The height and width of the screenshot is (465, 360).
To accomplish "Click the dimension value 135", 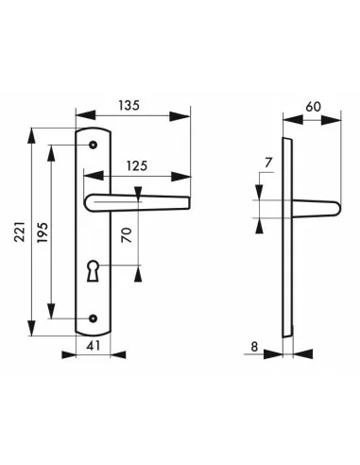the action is coord(129,105).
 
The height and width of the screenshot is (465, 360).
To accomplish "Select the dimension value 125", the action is coord(137,165).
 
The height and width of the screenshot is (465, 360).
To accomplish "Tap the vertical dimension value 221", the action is coord(20,232).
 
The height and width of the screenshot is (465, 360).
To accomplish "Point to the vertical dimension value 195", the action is coord(43,232).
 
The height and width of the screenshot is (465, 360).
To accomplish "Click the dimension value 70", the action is coord(127,235).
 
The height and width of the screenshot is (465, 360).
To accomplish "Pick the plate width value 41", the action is coord(94,346).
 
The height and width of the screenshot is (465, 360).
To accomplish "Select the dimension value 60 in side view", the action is coord(313,107).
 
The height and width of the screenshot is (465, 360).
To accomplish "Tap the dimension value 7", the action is coord(267,163).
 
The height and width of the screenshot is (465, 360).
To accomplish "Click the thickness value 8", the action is coord(254,347).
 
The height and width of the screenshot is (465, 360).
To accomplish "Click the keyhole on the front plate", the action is coord(93,270).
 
